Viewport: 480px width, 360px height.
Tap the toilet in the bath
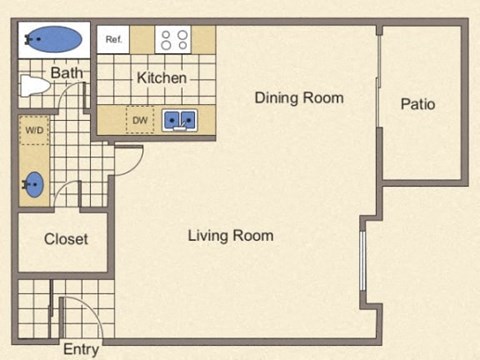tap(35, 86)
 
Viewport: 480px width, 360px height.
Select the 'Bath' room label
tap(66, 72)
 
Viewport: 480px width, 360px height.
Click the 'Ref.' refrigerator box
tap(113, 39)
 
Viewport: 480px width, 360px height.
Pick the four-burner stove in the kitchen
tap(174, 39)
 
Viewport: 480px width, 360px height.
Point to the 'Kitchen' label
tap(162, 78)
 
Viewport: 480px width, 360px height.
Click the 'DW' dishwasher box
tap(139, 120)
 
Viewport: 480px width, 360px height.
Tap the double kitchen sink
tap(181, 120)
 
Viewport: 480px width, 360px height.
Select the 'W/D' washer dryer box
tap(34, 130)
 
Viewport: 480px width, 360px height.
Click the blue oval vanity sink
tap(34, 185)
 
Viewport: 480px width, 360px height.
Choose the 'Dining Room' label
tap(298, 98)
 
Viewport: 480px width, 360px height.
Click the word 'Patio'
tap(418, 104)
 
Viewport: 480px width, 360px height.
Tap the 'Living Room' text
tap(230, 236)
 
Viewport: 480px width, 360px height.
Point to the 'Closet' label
tap(66, 239)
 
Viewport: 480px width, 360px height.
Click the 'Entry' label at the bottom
tap(81, 349)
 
